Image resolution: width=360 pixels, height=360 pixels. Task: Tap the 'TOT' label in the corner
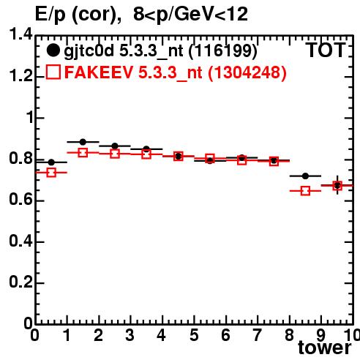tap(326, 50)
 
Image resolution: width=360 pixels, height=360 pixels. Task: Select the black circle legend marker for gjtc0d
tap(53, 50)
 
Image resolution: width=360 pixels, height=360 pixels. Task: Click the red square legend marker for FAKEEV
tap(53, 72)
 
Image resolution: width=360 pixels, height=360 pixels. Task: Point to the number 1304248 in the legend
tap(247, 72)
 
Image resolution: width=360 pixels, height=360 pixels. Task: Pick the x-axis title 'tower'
tap(325, 348)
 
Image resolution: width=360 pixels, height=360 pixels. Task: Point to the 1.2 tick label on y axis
tap(20, 75)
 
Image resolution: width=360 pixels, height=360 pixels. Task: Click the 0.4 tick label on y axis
tap(20, 241)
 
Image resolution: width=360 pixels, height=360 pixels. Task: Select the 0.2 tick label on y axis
tap(20, 282)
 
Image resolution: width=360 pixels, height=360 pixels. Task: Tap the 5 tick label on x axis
tap(194, 335)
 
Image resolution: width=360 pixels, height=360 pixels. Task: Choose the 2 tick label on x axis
tap(98, 335)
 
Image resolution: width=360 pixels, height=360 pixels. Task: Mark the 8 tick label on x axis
tap(289, 335)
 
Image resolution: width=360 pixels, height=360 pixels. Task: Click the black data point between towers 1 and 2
tap(83, 142)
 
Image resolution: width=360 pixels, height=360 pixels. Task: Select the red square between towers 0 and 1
tap(51, 173)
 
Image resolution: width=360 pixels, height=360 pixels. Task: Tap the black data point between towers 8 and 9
tap(305, 176)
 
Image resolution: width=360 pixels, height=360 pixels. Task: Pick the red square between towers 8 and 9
tap(305, 191)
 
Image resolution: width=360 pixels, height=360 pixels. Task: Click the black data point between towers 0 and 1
tap(51, 162)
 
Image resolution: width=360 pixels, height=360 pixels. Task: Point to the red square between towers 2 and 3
tap(115, 154)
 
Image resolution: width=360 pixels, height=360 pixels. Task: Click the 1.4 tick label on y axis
tap(20, 34)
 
